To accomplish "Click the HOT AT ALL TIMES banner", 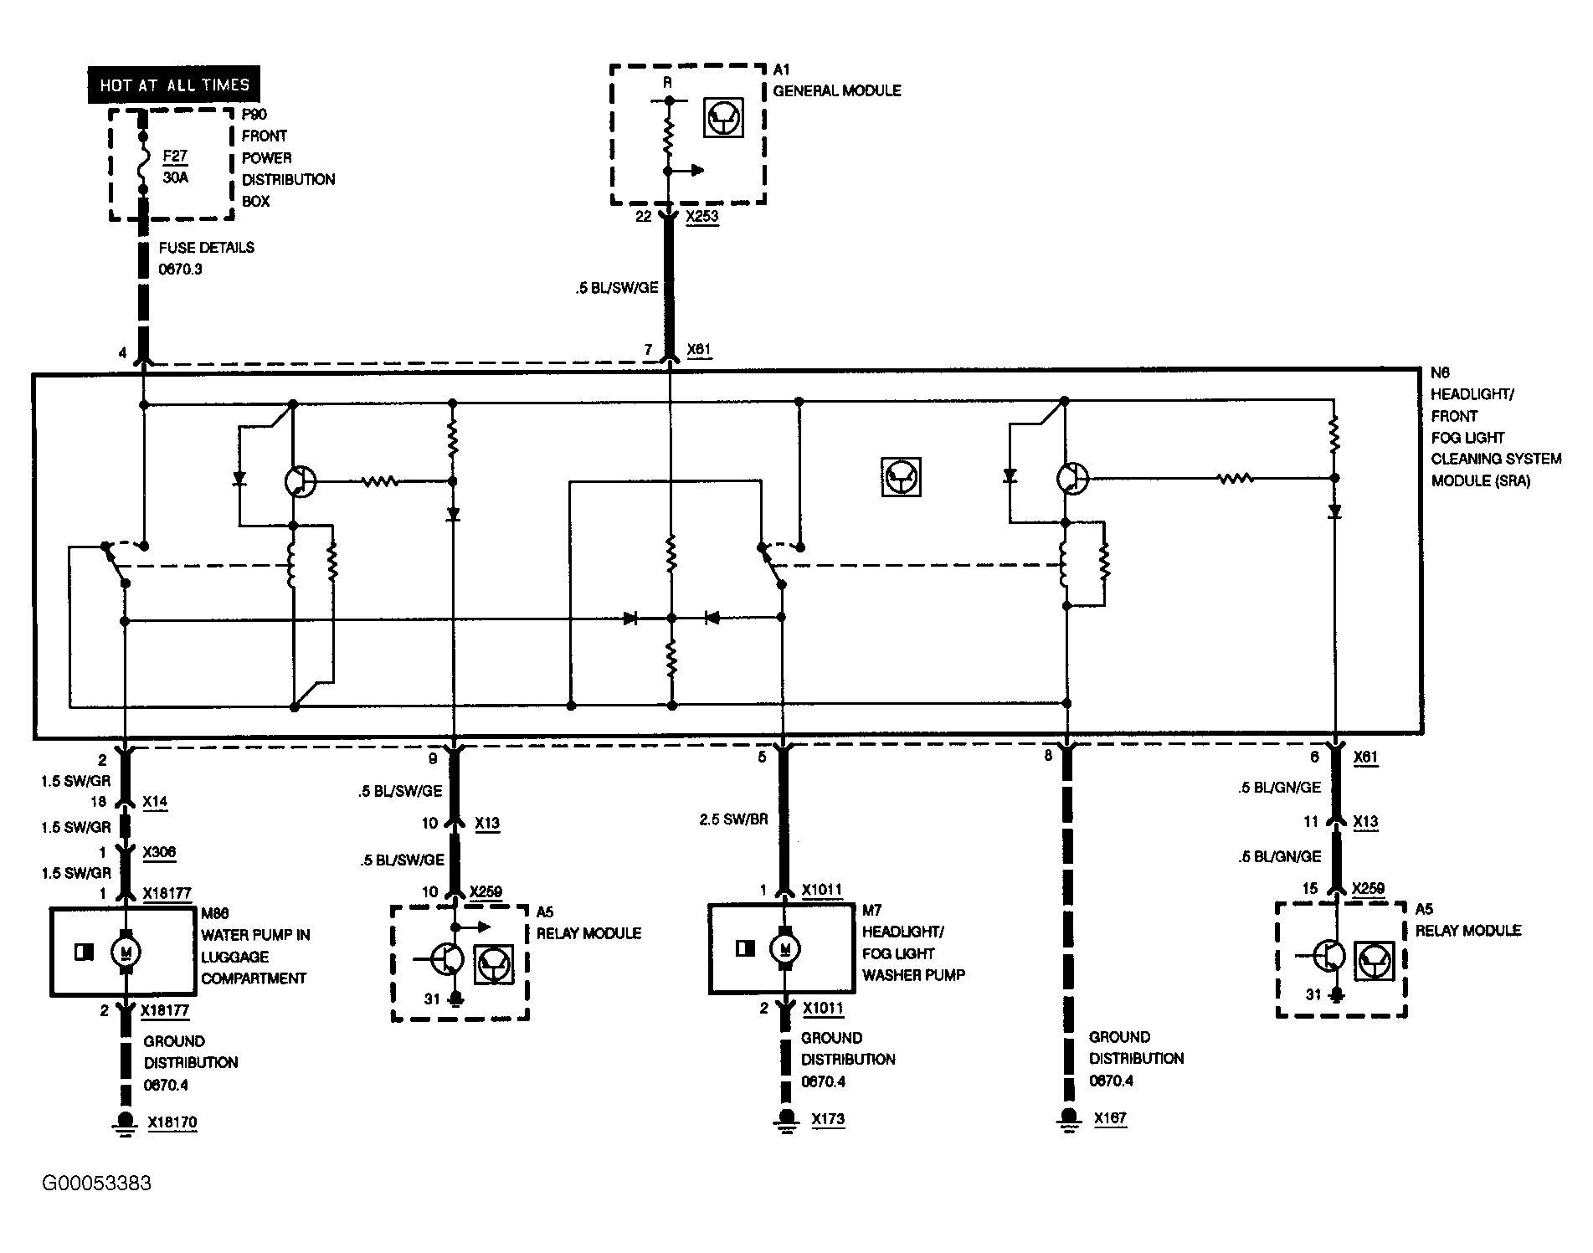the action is coord(174,85).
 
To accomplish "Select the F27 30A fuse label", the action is coord(175,167).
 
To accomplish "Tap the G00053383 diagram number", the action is coord(98,1183).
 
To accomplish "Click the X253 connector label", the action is coord(701,217).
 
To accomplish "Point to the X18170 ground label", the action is coord(172,1122).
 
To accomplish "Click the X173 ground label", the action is coord(827,1118).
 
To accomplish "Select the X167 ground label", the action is coord(1109,1117).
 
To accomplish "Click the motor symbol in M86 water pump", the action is coord(126,951).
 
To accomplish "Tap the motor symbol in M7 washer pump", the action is coord(784,947).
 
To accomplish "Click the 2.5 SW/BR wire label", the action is coord(733,819).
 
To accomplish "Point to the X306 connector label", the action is coord(159,852).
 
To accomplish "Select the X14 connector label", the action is coord(155,802).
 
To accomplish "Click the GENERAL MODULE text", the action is coord(837,90).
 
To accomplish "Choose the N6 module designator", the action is coord(1440,372).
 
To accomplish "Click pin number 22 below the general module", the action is coord(643,217).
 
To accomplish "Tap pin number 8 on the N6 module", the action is coord(1048,756).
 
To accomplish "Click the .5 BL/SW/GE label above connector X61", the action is coord(617,288).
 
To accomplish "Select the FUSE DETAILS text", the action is coord(206,248).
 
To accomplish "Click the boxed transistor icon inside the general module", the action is coord(723,118).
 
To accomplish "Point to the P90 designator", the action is coord(254,115).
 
